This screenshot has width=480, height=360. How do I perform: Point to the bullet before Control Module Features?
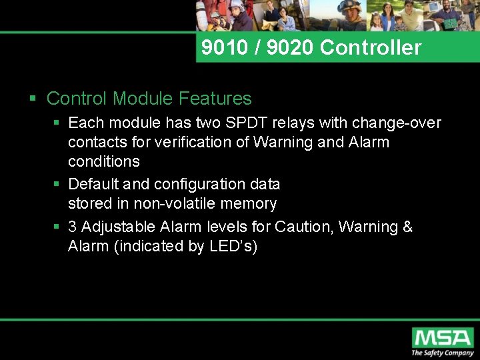pyautogui.click(x=33, y=99)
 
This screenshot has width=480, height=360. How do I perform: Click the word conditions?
pyautogui.click(x=103, y=161)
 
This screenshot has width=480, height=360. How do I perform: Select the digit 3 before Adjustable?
pyautogui.click(x=73, y=227)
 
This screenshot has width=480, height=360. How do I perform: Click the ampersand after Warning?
pyautogui.click(x=407, y=227)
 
